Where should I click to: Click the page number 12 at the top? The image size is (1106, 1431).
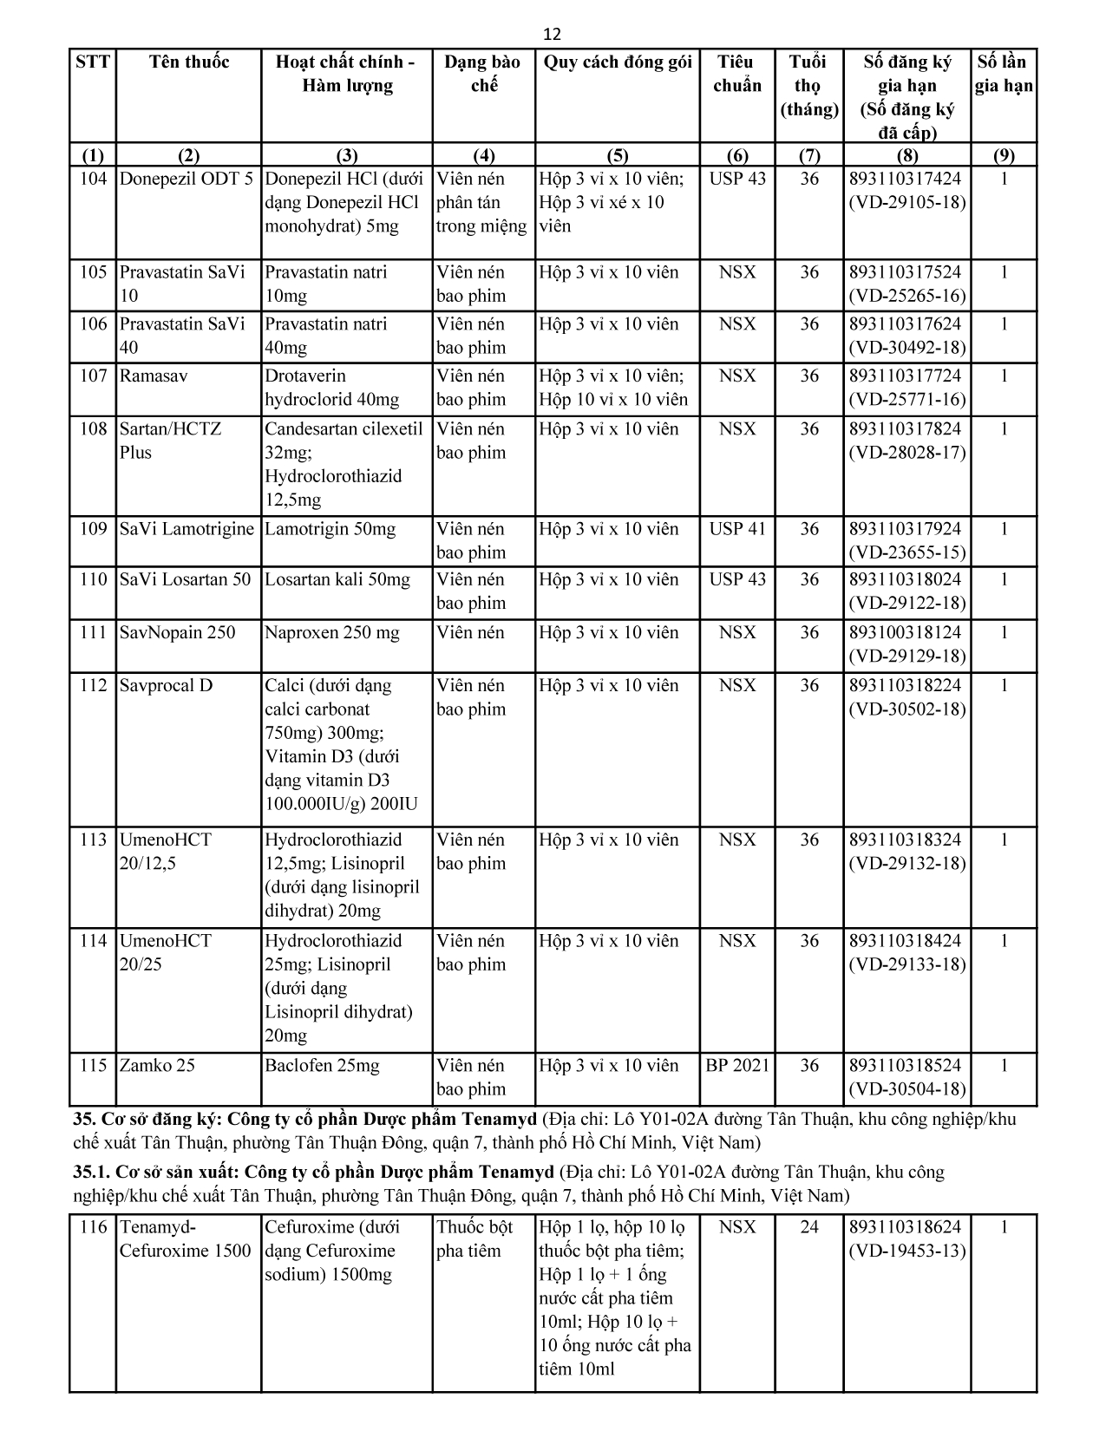click(x=552, y=35)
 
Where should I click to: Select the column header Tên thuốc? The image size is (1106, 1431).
click(x=189, y=62)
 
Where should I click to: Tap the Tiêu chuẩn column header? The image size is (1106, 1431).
click(x=736, y=74)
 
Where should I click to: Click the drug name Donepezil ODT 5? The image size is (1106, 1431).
click(x=187, y=180)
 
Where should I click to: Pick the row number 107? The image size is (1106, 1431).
click(x=93, y=376)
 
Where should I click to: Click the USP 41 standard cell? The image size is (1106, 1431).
click(x=737, y=529)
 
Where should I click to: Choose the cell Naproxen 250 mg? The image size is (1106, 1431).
click(x=332, y=633)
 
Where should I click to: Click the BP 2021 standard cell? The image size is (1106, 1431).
click(x=737, y=1066)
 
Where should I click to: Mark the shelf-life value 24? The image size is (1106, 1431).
click(x=808, y=1227)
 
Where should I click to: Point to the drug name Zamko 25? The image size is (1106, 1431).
click(x=157, y=1066)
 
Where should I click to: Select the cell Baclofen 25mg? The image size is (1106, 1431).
click(x=322, y=1066)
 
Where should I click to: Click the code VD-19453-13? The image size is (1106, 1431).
click(x=906, y=1251)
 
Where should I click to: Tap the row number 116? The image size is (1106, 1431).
click(x=93, y=1227)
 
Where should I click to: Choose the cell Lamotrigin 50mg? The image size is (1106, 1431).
click(x=330, y=529)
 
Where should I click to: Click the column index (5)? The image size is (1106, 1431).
click(x=617, y=156)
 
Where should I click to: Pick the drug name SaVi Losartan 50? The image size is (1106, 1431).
click(x=185, y=580)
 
